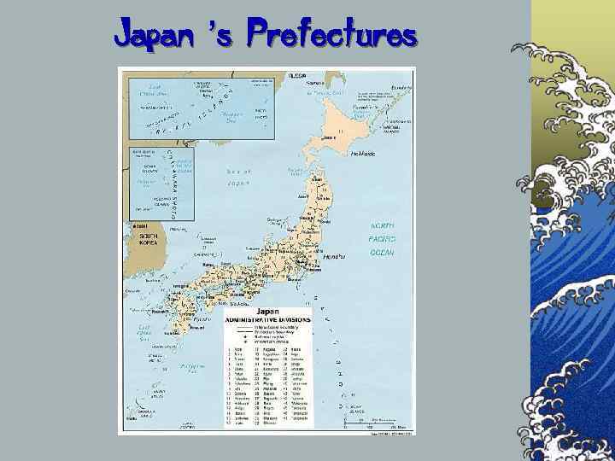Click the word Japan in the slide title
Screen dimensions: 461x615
[152, 36]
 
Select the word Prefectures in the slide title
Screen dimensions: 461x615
[331, 36]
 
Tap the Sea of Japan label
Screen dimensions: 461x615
[238, 177]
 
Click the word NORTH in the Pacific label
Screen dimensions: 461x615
[382, 224]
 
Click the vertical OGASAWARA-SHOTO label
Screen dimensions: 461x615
[181, 179]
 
